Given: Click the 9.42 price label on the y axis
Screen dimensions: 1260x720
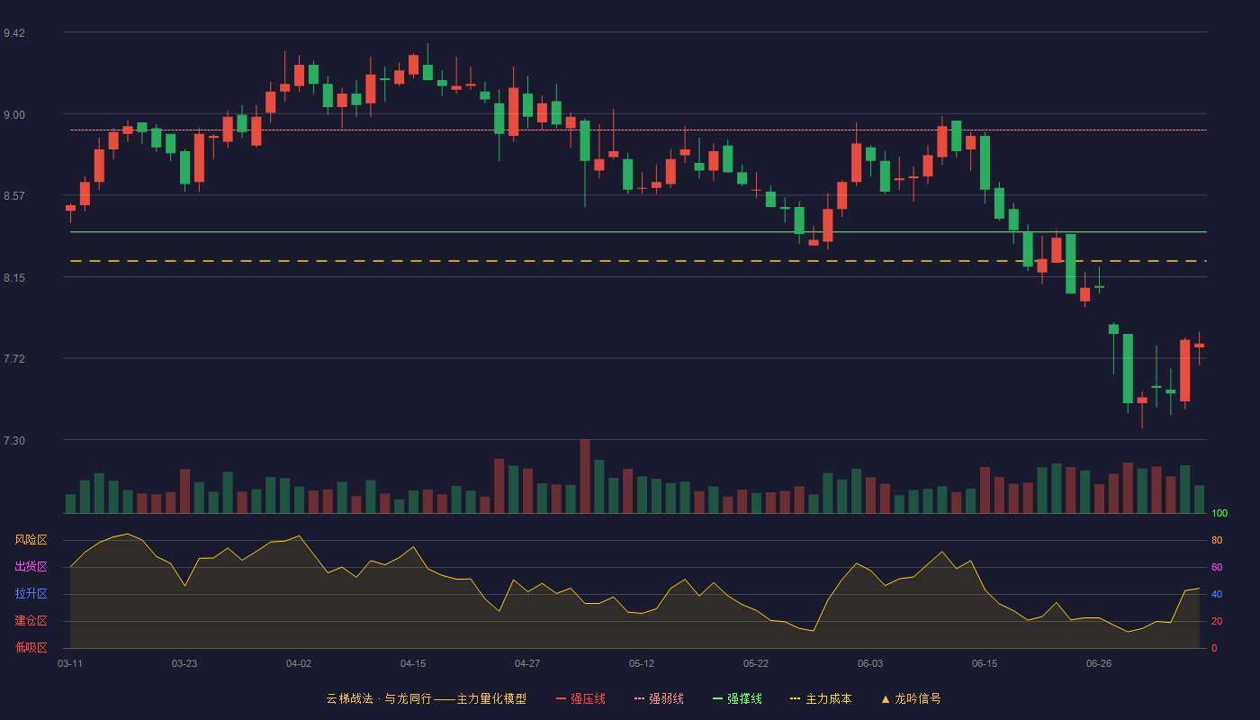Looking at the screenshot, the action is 14,33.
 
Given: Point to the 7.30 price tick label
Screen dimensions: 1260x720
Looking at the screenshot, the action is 14,441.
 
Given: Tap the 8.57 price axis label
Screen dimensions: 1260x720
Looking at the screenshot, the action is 14,196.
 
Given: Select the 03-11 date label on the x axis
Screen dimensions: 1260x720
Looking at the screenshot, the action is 70,664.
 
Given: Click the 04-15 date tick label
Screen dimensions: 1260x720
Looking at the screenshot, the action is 413,664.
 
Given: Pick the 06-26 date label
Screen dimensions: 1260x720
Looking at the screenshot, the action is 1099,664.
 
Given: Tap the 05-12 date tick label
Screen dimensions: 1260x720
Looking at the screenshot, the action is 641,664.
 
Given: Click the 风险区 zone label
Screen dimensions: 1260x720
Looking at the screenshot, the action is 31,540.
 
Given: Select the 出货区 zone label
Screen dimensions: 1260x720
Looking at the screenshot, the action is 31,567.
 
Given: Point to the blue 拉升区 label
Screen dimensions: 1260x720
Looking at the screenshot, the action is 31,594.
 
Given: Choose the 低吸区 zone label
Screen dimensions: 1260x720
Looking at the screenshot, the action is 31,648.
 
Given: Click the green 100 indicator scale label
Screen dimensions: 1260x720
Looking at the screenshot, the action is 1219,513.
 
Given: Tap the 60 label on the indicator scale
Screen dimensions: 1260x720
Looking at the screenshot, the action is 1217,567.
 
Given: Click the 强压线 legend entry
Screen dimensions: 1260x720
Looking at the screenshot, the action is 580,698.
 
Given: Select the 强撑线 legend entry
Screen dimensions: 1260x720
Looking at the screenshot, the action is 737,698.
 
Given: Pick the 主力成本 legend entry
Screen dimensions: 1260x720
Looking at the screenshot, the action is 821,698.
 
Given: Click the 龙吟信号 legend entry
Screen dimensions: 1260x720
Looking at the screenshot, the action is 911,698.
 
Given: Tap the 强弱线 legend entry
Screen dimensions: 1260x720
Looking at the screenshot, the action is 659,698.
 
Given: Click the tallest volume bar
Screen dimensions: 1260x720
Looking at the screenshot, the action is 585,476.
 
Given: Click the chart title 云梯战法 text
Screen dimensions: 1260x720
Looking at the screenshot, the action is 349,698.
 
